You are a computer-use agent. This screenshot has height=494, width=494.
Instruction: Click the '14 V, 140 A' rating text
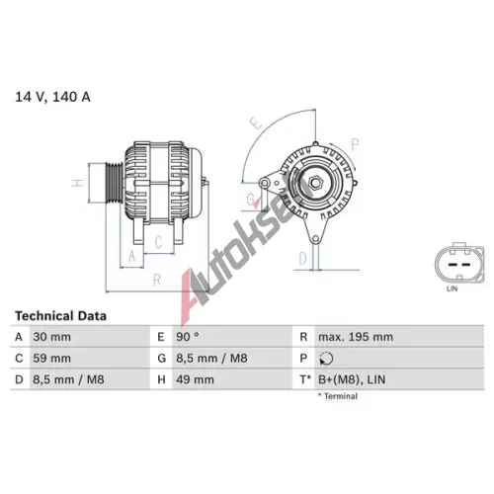(52, 97)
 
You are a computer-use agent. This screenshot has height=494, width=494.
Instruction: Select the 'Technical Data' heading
(60, 316)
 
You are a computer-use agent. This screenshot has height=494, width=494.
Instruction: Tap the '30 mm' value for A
(51, 337)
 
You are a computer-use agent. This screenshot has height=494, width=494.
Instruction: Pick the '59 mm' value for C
(51, 358)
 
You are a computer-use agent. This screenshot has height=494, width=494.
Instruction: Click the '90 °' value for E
(188, 337)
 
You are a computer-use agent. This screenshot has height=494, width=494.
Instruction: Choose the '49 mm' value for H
(195, 379)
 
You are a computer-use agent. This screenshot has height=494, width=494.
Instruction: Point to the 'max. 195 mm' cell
(356, 337)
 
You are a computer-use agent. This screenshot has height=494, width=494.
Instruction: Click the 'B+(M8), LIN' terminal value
(352, 379)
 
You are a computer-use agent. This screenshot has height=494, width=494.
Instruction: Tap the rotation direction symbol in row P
(326, 359)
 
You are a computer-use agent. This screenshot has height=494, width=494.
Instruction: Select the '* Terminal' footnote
(338, 396)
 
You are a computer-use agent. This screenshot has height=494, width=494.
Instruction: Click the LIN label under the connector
(452, 288)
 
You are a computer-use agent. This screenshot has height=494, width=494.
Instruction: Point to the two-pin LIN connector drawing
(459, 263)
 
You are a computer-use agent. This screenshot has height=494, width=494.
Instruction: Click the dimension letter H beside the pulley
(78, 183)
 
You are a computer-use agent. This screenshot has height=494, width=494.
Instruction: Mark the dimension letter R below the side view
(157, 281)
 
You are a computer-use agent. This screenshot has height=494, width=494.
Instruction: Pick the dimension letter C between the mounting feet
(158, 242)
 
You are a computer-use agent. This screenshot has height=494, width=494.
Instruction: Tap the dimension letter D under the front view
(302, 259)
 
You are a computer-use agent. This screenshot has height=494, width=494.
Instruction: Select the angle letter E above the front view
(256, 123)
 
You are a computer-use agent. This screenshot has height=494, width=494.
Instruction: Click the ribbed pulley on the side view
(114, 183)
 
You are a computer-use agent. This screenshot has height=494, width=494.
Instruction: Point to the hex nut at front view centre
(315, 183)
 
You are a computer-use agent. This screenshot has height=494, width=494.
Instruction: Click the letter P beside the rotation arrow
(355, 144)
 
